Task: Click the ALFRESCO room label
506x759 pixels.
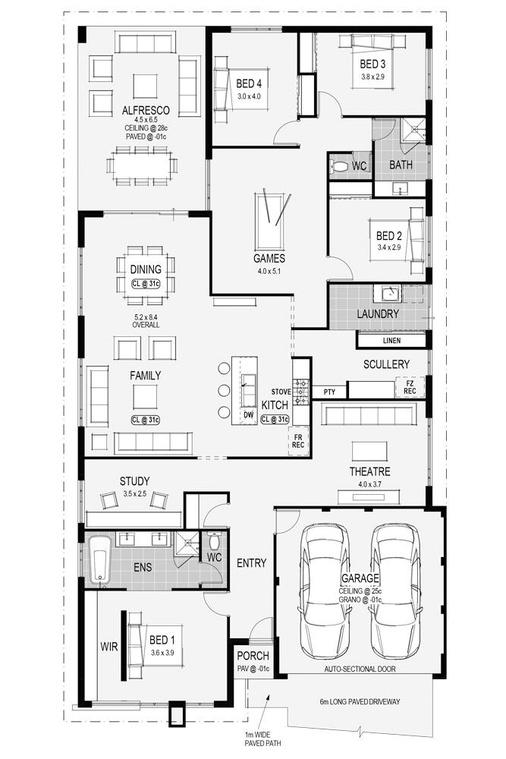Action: click(146, 110)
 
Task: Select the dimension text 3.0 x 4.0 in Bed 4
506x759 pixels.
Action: click(248, 97)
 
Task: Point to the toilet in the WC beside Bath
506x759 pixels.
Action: click(339, 166)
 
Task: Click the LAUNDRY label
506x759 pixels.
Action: click(378, 313)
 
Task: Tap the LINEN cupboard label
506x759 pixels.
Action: click(391, 341)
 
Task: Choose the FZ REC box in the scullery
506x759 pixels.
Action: click(410, 388)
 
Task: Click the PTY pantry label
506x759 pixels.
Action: click(329, 391)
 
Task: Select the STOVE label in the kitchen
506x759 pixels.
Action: click(281, 392)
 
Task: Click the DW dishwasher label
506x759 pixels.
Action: click(248, 414)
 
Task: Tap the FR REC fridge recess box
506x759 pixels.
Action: click(299, 440)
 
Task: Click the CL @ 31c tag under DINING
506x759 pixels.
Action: click(145, 284)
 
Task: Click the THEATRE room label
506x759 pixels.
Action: click(369, 471)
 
